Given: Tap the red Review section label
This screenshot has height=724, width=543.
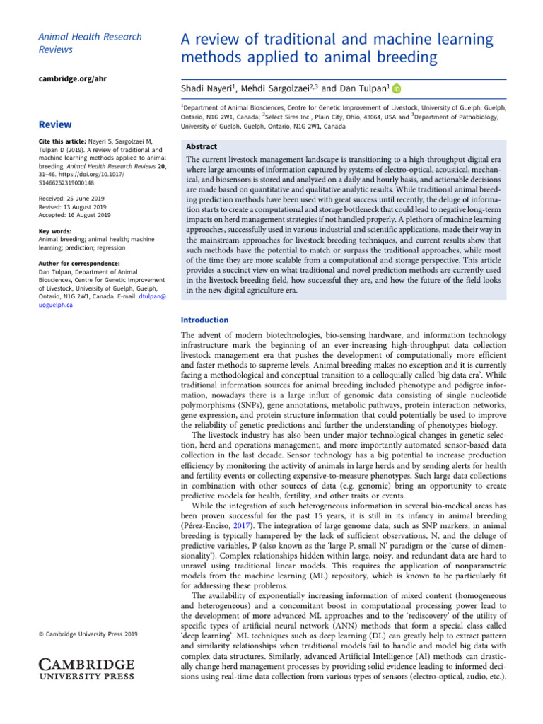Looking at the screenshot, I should click(x=54, y=124).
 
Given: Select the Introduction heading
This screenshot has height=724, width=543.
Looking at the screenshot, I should click(x=205, y=320).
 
